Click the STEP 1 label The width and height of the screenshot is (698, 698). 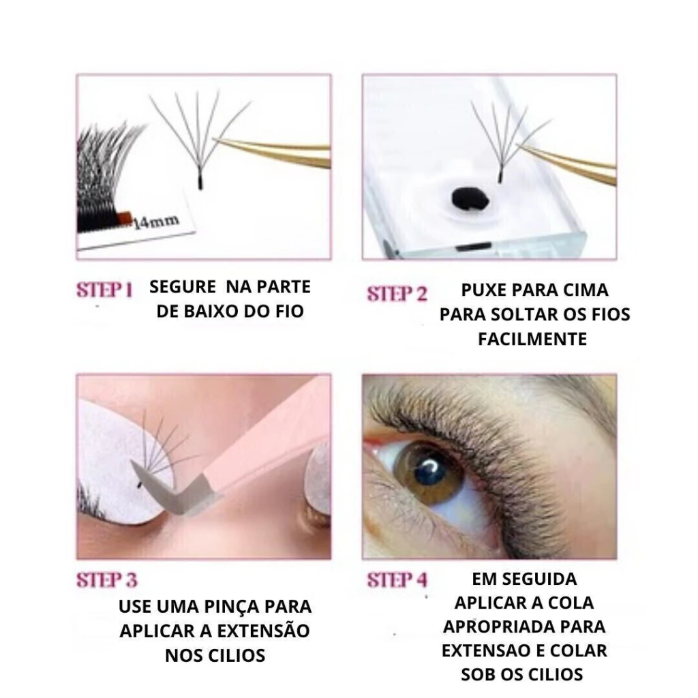pyautogui.click(x=105, y=290)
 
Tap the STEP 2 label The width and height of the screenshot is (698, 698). pyautogui.click(x=397, y=294)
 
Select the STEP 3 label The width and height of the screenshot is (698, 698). pyautogui.click(x=107, y=580)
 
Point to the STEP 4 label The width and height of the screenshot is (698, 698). pyautogui.click(x=397, y=580)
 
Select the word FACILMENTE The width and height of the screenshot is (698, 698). pyautogui.click(x=532, y=339)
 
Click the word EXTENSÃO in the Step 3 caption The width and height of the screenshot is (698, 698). pyautogui.click(x=263, y=631)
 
